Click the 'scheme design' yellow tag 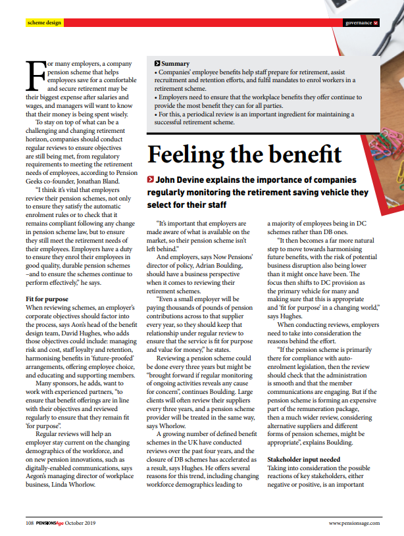pos(44,23)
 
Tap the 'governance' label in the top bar pos(359,23)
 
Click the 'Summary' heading pos(176,63)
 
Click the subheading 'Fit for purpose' pos(49,280)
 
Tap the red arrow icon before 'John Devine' pos(151,180)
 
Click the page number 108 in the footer pos(30,523)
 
